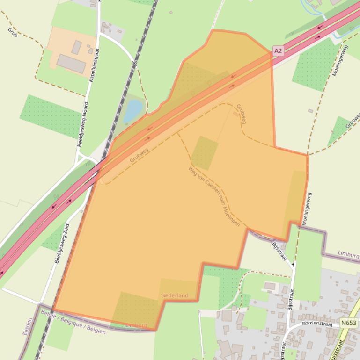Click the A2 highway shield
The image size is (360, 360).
tap(278, 50)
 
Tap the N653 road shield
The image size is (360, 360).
tap(349, 323)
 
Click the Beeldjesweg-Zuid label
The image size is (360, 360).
tap(61, 243)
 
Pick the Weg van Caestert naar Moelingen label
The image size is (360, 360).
tap(214, 196)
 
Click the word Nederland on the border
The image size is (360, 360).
tap(174, 295)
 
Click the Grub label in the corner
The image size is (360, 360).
tap(12, 32)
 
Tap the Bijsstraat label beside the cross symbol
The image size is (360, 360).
tap(279, 250)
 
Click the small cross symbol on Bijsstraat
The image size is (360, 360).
tap(294, 265)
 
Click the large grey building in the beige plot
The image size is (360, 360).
tap(71, 63)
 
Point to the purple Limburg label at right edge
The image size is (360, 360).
tap(348, 256)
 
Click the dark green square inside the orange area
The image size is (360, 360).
tap(205, 152)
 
